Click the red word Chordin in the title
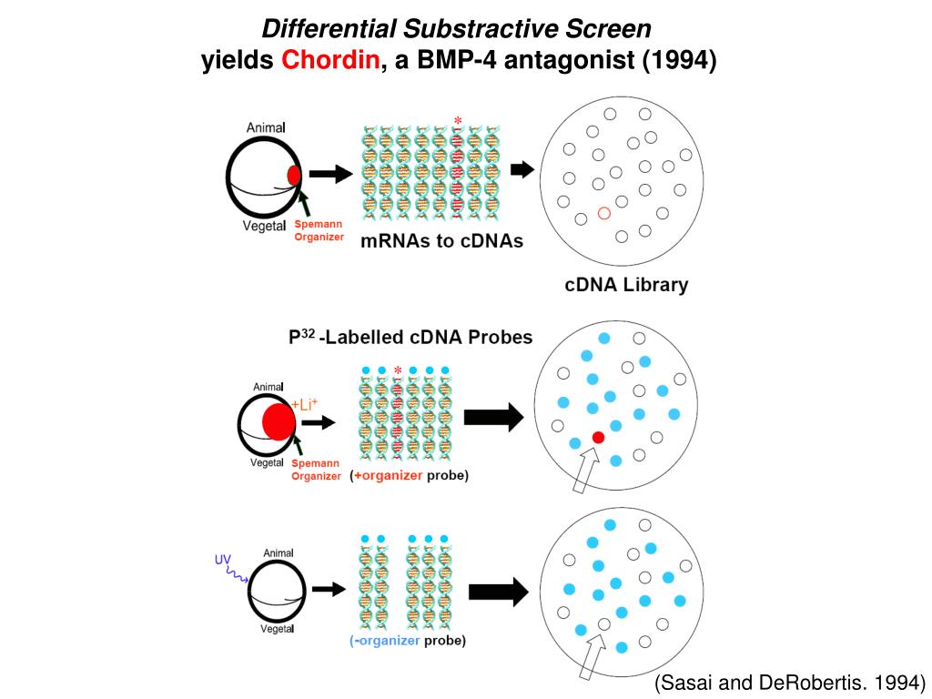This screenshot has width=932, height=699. (x=331, y=61)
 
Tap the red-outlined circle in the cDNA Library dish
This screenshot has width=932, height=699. (x=603, y=213)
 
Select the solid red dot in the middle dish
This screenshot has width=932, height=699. (x=598, y=438)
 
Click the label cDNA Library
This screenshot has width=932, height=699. (x=626, y=285)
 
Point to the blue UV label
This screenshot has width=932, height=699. (x=223, y=559)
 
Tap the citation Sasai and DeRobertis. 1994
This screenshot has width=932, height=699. (x=790, y=683)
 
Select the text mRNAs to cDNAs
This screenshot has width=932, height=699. (x=441, y=241)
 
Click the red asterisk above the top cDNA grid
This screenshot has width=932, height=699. (x=458, y=120)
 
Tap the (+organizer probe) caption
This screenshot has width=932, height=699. (x=410, y=475)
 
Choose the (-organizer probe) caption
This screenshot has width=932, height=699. (x=408, y=641)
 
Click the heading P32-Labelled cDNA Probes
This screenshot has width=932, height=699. (x=410, y=337)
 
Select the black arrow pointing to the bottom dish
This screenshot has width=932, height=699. (x=498, y=592)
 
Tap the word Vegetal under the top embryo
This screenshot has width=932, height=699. (x=265, y=226)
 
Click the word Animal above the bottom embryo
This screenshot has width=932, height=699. (x=278, y=552)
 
